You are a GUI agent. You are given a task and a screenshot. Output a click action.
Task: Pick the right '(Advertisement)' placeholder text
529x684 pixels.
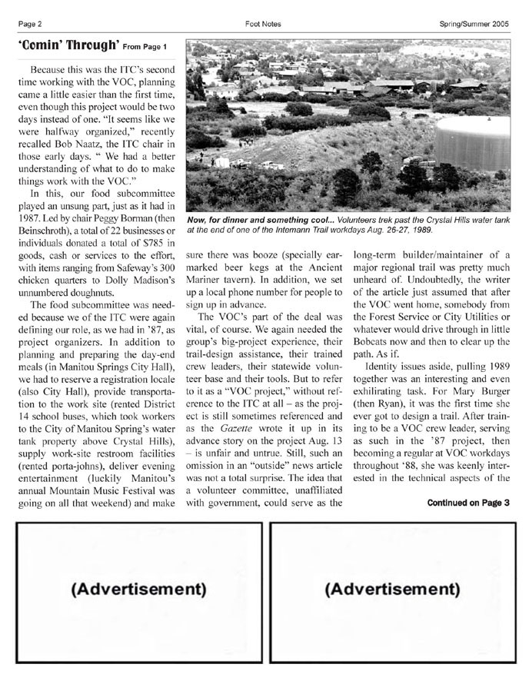pos(392,590)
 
